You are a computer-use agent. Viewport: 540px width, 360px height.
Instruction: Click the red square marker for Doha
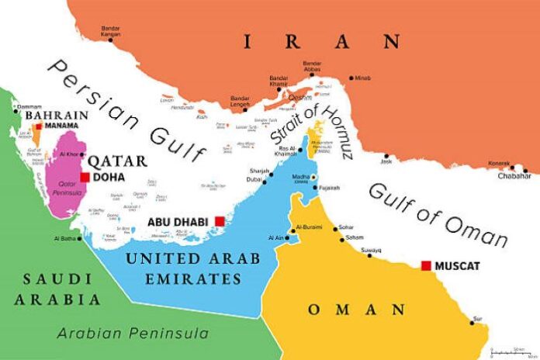[85, 177]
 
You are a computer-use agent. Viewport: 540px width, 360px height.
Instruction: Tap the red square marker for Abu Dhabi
[220, 221]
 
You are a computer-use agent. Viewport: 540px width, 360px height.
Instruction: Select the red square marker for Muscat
[425, 266]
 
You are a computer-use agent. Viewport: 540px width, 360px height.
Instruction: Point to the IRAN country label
[321, 42]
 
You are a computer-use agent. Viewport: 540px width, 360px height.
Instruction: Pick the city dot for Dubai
[265, 182]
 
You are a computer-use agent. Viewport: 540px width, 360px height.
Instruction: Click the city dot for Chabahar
[525, 170]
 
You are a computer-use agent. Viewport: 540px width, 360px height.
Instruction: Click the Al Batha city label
[67, 238]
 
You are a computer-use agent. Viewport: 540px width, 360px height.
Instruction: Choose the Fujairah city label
[331, 187]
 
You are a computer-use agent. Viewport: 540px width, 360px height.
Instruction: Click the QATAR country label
[117, 161]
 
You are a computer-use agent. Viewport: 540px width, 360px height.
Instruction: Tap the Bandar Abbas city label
[313, 66]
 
